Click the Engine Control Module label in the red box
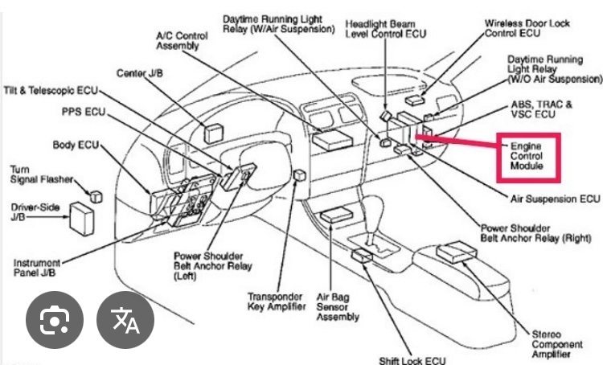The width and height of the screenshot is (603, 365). coord(527,154)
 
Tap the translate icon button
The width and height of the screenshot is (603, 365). coord(125,322)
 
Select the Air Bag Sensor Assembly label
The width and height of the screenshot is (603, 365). coord(338,306)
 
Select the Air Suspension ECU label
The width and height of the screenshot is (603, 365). coord(555,198)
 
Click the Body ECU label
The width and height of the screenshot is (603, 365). coord(76,145)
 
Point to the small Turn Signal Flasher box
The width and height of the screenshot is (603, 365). coord(97,195)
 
